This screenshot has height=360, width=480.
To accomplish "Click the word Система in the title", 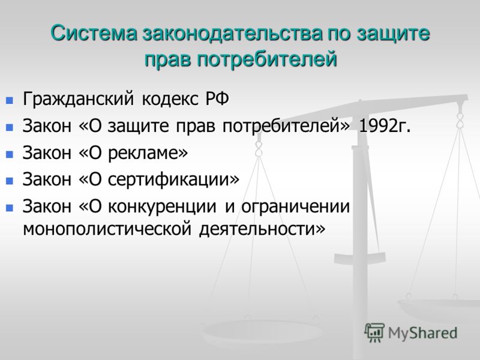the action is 94,33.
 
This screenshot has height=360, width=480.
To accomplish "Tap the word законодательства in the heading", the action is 232,34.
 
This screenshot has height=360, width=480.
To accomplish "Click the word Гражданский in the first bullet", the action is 79,99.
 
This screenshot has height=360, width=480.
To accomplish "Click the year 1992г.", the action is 384,125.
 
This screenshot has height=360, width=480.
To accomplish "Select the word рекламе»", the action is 148,153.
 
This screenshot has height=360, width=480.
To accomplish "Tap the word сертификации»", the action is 173,179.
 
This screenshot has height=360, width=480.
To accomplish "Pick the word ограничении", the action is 295,206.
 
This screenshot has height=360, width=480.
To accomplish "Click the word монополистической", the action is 107,229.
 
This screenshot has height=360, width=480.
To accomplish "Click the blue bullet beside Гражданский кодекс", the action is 10,100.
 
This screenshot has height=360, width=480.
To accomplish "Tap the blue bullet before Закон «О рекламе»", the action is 10,154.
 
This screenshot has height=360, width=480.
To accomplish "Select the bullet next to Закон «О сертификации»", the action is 10,181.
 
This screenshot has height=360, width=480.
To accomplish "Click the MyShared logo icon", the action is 374,332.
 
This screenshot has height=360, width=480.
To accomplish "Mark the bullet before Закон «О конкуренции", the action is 10,208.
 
